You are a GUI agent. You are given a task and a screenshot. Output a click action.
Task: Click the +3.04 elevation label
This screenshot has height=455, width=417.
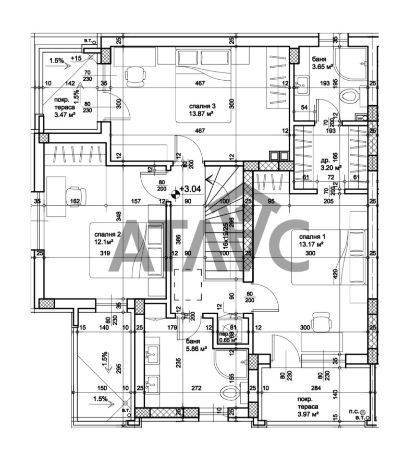point(190,189)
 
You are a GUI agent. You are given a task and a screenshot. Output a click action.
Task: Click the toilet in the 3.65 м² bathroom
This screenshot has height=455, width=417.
point(349,97)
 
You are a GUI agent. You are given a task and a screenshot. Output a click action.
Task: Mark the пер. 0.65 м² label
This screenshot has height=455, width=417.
point(227,337)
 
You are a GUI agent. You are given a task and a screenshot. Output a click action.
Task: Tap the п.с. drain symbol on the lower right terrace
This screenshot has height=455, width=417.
point(371,411)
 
